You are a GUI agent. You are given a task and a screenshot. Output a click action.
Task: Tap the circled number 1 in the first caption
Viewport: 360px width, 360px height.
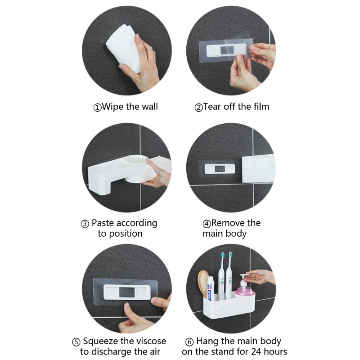[97, 108]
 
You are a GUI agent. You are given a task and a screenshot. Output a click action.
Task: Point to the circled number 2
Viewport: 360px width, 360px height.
[198, 108]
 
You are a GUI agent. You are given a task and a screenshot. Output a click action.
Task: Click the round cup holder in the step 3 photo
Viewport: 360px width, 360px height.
[138, 169]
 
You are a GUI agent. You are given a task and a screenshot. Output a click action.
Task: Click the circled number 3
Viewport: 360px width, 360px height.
[85, 224]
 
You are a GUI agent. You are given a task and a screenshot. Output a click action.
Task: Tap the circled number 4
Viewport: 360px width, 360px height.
[207, 224]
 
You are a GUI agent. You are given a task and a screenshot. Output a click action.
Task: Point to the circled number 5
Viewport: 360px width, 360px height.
[76, 342]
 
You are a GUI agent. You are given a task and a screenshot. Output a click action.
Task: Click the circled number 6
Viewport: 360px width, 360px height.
[189, 342]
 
